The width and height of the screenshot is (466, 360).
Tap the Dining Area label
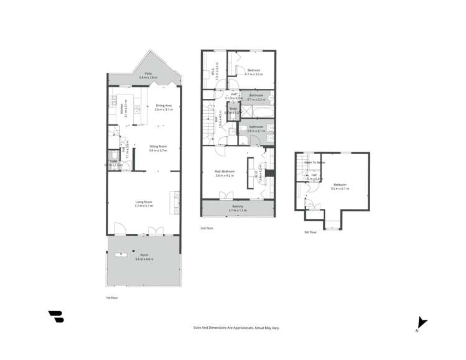pos(164,107)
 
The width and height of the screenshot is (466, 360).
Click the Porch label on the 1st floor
pos(144,257)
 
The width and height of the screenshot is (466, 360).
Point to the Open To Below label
pos(315,162)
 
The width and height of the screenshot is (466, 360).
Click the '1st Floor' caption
pos(112,298)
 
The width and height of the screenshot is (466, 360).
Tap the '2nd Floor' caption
pos(207,228)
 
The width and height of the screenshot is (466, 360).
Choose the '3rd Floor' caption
pos(310,232)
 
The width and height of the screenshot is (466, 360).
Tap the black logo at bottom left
pos(56,316)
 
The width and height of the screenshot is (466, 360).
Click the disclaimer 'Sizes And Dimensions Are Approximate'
pos(232,326)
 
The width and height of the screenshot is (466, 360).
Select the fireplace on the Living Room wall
pos(178,200)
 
